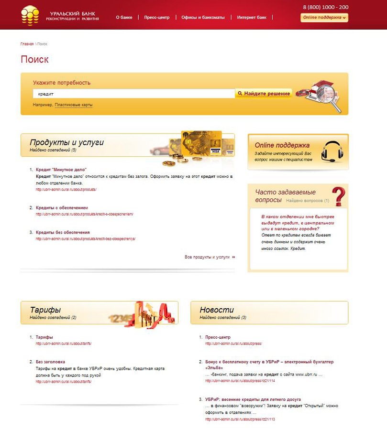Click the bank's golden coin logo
pyautogui.click(x=30, y=15)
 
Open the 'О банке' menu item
pyautogui.click(x=124, y=18)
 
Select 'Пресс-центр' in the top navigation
pyautogui.click(x=157, y=18)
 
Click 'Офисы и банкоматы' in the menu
pyautogui.click(x=203, y=18)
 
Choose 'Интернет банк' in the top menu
pyautogui.click(x=252, y=18)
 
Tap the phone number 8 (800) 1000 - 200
pyautogui.click(x=325, y=7)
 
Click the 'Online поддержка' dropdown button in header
pyautogui.click(x=324, y=18)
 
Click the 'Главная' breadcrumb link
pyautogui.click(x=27, y=44)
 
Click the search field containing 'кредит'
pyautogui.click(x=134, y=94)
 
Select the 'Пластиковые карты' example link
pyautogui.click(x=74, y=105)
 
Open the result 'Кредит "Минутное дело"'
pyautogui.click(x=61, y=170)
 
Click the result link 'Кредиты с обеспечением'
pyautogui.click(x=62, y=208)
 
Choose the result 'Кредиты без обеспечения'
pyautogui.click(x=63, y=232)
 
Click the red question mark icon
pyautogui.click(x=338, y=196)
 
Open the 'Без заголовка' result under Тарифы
pyautogui.click(x=50, y=362)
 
